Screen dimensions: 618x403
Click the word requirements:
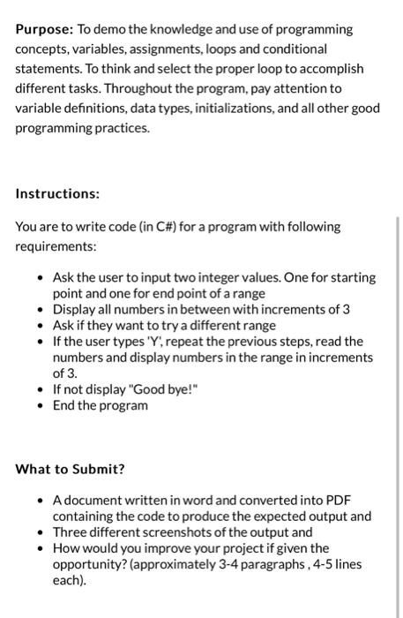[56, 246]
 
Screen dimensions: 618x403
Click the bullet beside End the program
[42, 405]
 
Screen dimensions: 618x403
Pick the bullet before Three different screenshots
[42, 532]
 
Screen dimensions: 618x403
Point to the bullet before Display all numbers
[42, 309]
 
